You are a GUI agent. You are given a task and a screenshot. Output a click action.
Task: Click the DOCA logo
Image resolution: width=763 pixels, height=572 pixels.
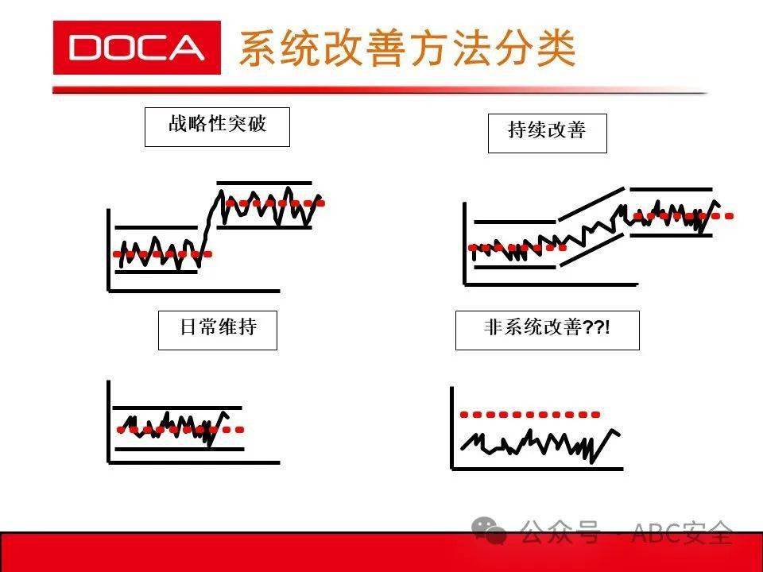point(137,48)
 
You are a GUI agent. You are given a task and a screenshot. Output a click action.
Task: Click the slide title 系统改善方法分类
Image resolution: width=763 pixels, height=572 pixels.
point(408,48)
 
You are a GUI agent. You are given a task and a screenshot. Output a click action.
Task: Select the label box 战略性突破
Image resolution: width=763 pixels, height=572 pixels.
point(217,127)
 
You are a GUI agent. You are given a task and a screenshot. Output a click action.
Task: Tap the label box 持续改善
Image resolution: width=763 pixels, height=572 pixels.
point(548,133)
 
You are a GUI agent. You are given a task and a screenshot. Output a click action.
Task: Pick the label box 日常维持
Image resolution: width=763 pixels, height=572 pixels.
point(218,330)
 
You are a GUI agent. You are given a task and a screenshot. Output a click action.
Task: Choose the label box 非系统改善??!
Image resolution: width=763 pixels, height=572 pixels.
point(548,330)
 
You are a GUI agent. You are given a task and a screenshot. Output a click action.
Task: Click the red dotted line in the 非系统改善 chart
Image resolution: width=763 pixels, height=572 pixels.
point(530,415)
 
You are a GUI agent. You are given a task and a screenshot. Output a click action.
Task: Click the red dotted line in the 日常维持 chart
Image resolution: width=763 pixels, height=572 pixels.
point(180,430)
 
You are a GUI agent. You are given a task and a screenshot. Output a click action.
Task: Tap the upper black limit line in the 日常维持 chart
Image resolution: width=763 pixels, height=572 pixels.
point(177,408)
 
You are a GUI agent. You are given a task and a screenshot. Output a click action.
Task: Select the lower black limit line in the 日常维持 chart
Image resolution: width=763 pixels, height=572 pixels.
point(179,449)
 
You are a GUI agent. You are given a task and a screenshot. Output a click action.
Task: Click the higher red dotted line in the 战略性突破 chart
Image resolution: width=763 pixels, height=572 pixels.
point(275,203)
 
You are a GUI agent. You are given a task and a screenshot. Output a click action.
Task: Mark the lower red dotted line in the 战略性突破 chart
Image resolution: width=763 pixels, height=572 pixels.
point(162,254)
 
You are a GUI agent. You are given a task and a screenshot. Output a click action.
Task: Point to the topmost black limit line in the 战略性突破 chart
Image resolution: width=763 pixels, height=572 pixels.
point(264,184)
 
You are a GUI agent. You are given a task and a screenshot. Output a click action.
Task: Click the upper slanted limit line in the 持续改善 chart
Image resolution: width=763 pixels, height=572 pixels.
point(591,204)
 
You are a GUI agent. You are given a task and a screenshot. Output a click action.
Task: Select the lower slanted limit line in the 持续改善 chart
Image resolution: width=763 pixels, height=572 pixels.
point(591,249)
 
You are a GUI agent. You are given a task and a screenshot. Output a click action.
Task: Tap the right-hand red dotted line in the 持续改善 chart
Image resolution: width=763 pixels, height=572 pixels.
point(684,216)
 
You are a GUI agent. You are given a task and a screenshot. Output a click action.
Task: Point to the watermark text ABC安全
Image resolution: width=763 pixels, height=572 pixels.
point(682,532)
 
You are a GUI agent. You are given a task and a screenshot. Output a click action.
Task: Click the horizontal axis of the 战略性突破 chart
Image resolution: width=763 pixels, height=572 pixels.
point(194,291)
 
